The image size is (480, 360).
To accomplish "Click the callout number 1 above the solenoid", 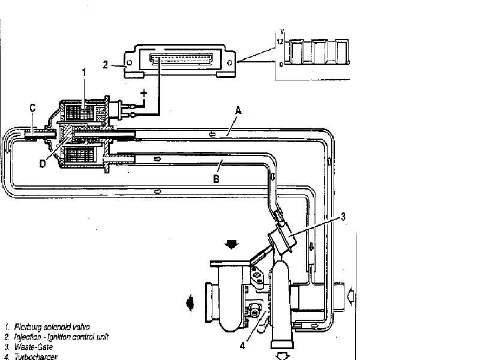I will tap(84, 72).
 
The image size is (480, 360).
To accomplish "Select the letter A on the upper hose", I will tap(238, 110).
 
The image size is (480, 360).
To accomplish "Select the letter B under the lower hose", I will tap(217, 179).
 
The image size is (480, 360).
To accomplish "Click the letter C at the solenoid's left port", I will tap(32, 108).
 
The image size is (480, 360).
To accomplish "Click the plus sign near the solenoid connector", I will tap(144, 93).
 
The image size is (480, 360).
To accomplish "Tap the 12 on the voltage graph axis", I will tap(279, 41).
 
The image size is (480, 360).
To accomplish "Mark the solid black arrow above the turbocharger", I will tap(231, 244).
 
